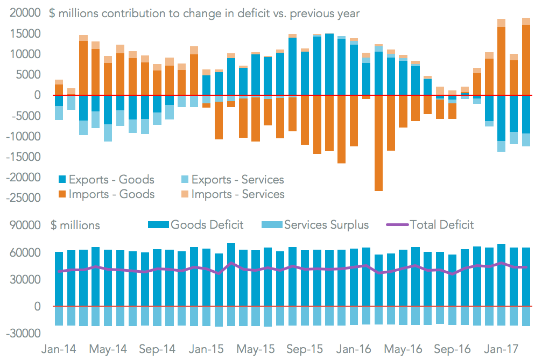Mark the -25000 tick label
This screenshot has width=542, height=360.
pyautogui.click(x=23, y=197)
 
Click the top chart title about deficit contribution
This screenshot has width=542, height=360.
pyautogui.click(x=205, y=13)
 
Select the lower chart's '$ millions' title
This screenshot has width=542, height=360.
pyautogui.click(x=75, y=225)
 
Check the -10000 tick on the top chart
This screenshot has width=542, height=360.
pyautogui.click(x=23, y=136)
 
